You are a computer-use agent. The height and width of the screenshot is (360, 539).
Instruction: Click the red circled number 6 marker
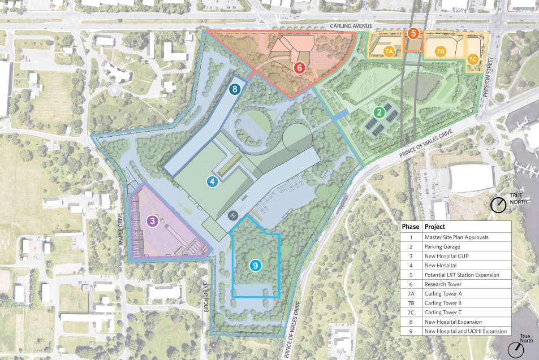pos(300,68)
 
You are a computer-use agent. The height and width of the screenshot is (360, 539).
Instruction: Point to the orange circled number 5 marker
pos(413,34)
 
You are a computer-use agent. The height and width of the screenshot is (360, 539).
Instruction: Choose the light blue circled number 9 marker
pos(256,264)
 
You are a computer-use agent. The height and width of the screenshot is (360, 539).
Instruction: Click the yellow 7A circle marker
pos(389,51)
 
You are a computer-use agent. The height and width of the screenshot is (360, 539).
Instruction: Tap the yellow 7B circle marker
pos(441,51)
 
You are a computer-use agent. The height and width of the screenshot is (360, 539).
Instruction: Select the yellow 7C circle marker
pos(473,58)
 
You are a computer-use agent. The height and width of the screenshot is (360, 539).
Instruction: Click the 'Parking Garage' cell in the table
pos(444,246)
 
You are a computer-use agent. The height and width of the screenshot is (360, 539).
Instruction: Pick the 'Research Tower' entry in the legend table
pos(443,284)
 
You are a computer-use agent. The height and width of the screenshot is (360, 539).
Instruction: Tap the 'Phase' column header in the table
pos(411,227)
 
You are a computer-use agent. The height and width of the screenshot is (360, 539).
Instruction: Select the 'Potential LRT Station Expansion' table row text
pos(462,275)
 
